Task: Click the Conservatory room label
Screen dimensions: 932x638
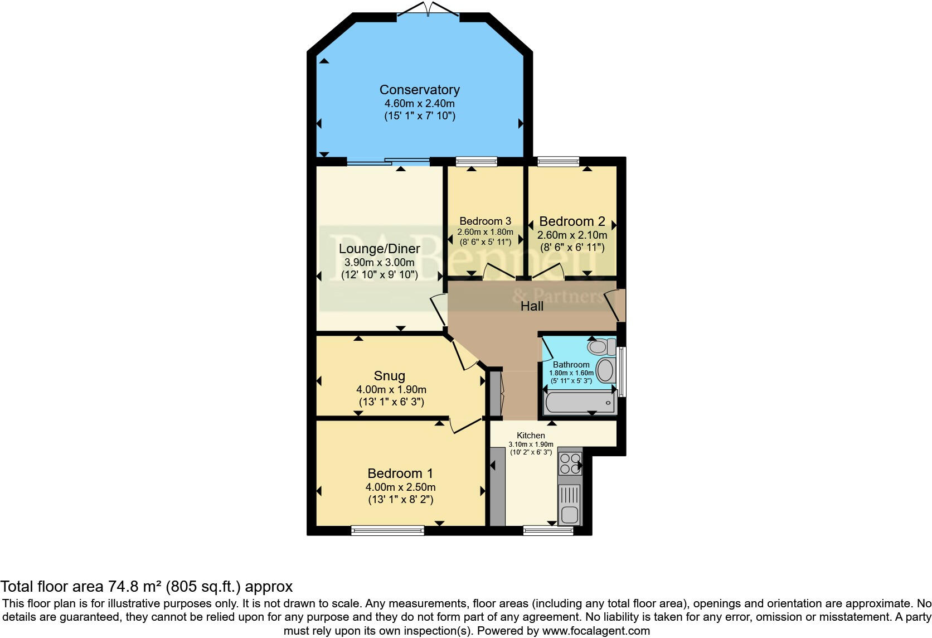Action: click(x=419, y=90)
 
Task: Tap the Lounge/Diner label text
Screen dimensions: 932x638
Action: click(x=380, y=249)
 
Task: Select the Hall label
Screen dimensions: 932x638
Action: click(x=532, y=306)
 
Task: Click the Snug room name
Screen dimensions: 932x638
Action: click(x=390, y=376)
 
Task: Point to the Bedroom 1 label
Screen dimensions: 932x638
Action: click(x=400, y=473)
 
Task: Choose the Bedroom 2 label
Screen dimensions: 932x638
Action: click(x=572, y=221)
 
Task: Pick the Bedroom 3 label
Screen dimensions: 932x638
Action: click(x=485, y=221)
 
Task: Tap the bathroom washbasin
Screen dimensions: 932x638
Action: click(x=605, y=370)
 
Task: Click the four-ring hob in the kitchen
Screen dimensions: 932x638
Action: click(x=570, y=463)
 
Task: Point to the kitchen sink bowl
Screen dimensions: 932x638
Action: click(x=570, y=516)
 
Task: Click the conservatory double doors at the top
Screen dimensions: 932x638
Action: click(x=428, y=9)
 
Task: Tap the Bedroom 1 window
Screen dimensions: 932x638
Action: click(x=387, y=530)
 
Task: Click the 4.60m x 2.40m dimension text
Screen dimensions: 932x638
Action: click(x=419, y=104)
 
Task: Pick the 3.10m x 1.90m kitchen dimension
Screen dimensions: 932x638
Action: click(x=531, y=444)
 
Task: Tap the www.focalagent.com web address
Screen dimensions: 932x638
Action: click(x=596, y=631)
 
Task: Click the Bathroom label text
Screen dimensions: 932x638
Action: click(x=571, y=365)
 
